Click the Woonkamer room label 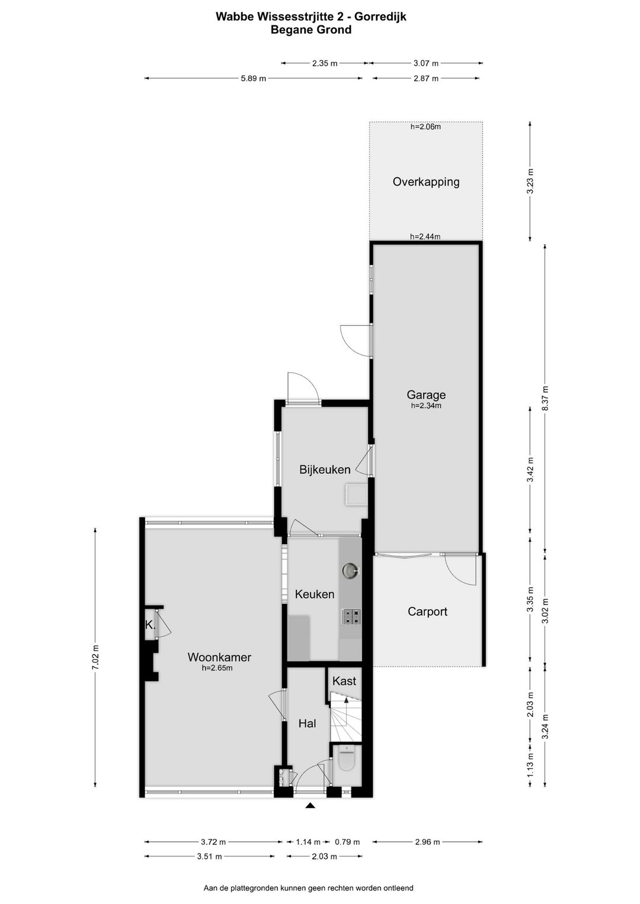coord(219,657)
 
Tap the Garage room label coord(425,395)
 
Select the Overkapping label coord(425,182)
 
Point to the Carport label coord(427,611)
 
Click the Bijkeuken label coord(325,470)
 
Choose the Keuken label coord(315,594)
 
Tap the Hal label coord(307,723)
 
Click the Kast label coord(344,681)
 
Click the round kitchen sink coord(350,570)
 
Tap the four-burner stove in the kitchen coord(350,617)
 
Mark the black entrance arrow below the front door coord(310,805)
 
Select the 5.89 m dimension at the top coord(253,78)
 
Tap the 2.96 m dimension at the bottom coord(427,842)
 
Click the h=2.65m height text coord(217,668)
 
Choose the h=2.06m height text coord(425,126)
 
